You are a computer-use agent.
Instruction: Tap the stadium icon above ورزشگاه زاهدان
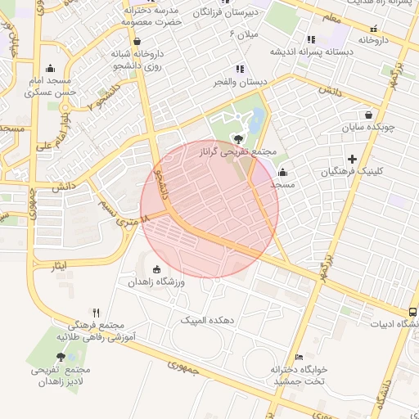[157, 269]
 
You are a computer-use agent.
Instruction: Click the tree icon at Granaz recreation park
[238, 138]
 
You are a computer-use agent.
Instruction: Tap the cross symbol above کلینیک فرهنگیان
[353, 158]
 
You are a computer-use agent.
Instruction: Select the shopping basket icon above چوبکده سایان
[369, 115]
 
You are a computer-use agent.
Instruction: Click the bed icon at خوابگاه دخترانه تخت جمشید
[299, 357]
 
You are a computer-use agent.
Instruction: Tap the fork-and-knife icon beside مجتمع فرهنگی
[96, 313]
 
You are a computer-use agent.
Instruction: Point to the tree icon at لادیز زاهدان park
[61, 357]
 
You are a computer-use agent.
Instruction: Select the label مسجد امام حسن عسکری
[51, 87]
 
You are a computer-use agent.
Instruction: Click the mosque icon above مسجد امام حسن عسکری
[51, 69]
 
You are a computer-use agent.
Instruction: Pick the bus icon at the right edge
[412, 312]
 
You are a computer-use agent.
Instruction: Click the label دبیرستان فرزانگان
[226, 13]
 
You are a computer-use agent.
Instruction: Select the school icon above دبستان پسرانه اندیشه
[310, 38]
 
